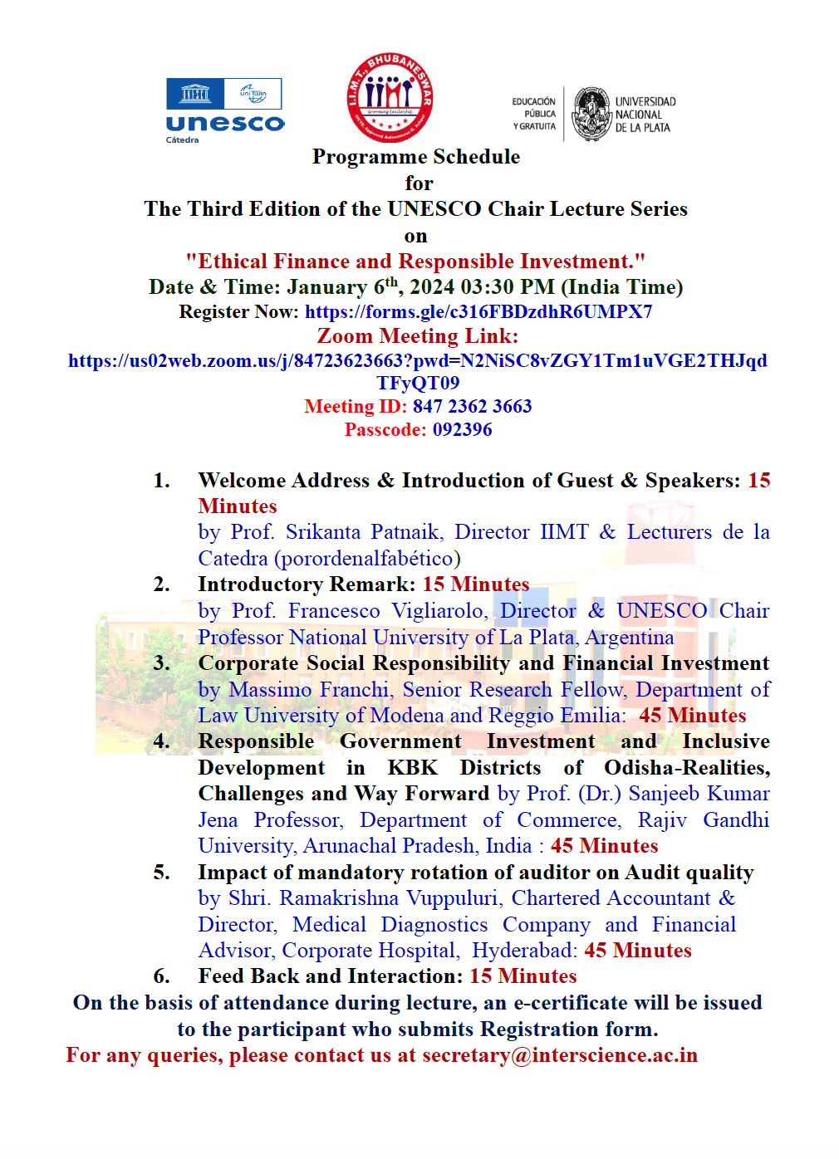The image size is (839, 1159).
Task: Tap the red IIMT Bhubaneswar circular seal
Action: pyautogui.click(x=390, y=97)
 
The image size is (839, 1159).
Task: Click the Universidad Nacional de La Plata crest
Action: pyautogui.click(x=591, y=114)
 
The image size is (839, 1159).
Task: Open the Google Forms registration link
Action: pyautogui.click(x=478, y=312)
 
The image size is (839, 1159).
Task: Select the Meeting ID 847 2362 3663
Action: pyautogui.click(x=472, y=407)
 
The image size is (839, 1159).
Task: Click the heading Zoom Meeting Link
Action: pyautogui.click(x=417, y=336)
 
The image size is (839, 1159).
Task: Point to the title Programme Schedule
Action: pyautogui.click(x=416, y=157)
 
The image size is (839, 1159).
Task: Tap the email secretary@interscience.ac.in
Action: pyautogui.click(x=560, y=1055)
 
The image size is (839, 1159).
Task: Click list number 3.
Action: pyautogui.click(x=162, y=663)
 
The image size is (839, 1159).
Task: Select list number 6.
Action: pyautogui.click(x=162, y=976)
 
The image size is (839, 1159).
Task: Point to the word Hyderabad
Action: pyautogui.click(x=524, y=951)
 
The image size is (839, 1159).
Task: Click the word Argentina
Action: pyautogui.click(x=630, y=638)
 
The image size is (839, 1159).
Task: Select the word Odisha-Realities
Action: pyautogui.click(x=687, y=768)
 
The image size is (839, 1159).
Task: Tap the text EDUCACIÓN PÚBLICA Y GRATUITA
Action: pyautogui.click(x=534, y=114)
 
